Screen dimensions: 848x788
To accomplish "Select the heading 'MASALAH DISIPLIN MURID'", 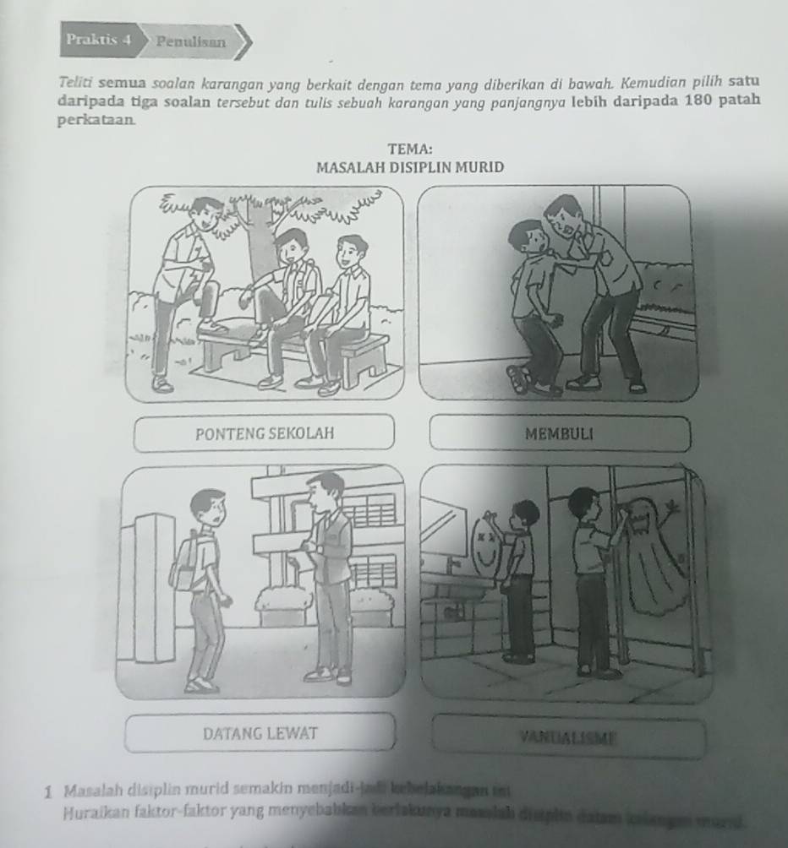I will pyautogui.click(x=409, y=167).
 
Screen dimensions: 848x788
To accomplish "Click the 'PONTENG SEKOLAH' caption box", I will pyautogui.click(x=264, y=433).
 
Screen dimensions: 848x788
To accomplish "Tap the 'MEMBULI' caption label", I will pyautogui.click(x=559, y=434).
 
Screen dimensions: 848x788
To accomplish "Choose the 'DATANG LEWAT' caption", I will pyautogui.click(x=260, y=732).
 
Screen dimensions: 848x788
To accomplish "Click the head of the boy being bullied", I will pyautogui.click(x=531, y=237).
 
